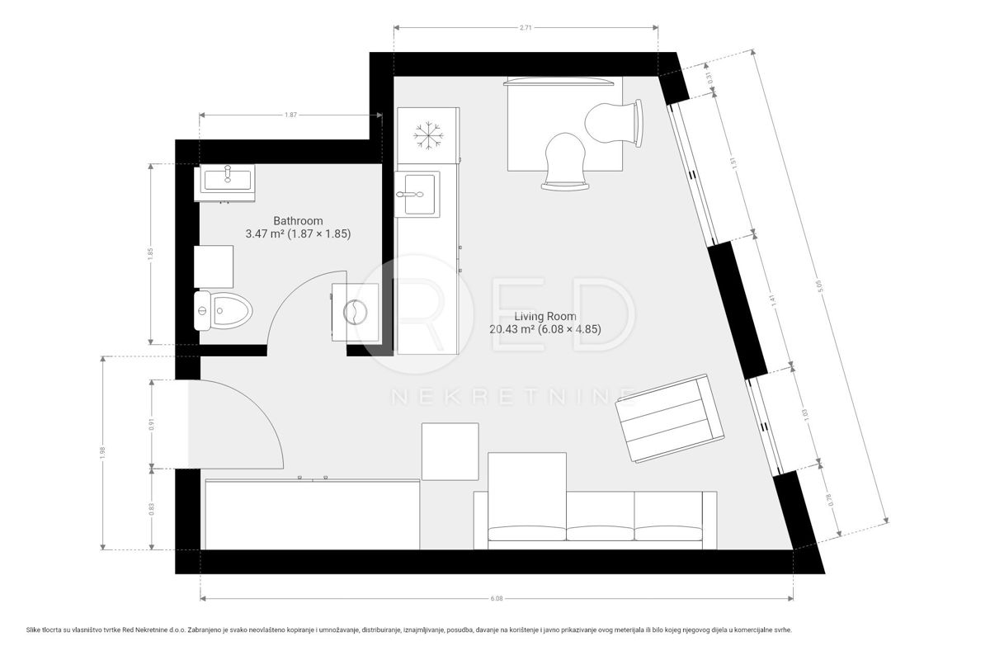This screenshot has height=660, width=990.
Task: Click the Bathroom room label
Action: tap(298, 221)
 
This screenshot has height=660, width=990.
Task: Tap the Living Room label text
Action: tap(545, 317)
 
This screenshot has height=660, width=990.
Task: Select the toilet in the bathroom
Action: tap(224, 311)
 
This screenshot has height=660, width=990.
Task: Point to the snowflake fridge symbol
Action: tap(427, 134)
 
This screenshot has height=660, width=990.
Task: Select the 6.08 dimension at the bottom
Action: tap(496, 599)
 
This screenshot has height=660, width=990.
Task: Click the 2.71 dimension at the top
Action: tap(526, 27)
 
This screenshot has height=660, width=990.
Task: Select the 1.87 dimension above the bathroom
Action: tap(290, 115)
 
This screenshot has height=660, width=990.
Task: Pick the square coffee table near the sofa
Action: tap(450, 450)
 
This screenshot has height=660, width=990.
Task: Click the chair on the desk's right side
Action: tap(614, 123)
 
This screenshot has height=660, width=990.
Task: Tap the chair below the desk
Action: tap(566, 160)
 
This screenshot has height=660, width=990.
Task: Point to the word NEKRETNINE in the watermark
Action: tap(511, 398)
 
